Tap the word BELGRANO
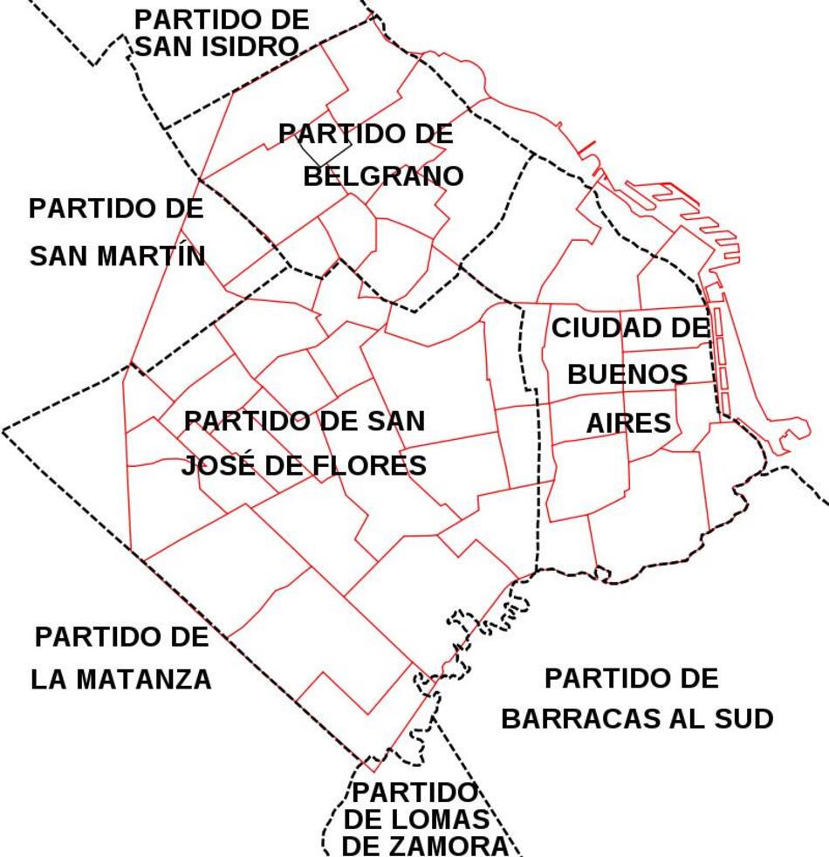tap(383, 176)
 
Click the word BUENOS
tap(627, 374)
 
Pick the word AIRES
tap(628, 423)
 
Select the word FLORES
tap(368, 465)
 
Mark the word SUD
tap(746, 719)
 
